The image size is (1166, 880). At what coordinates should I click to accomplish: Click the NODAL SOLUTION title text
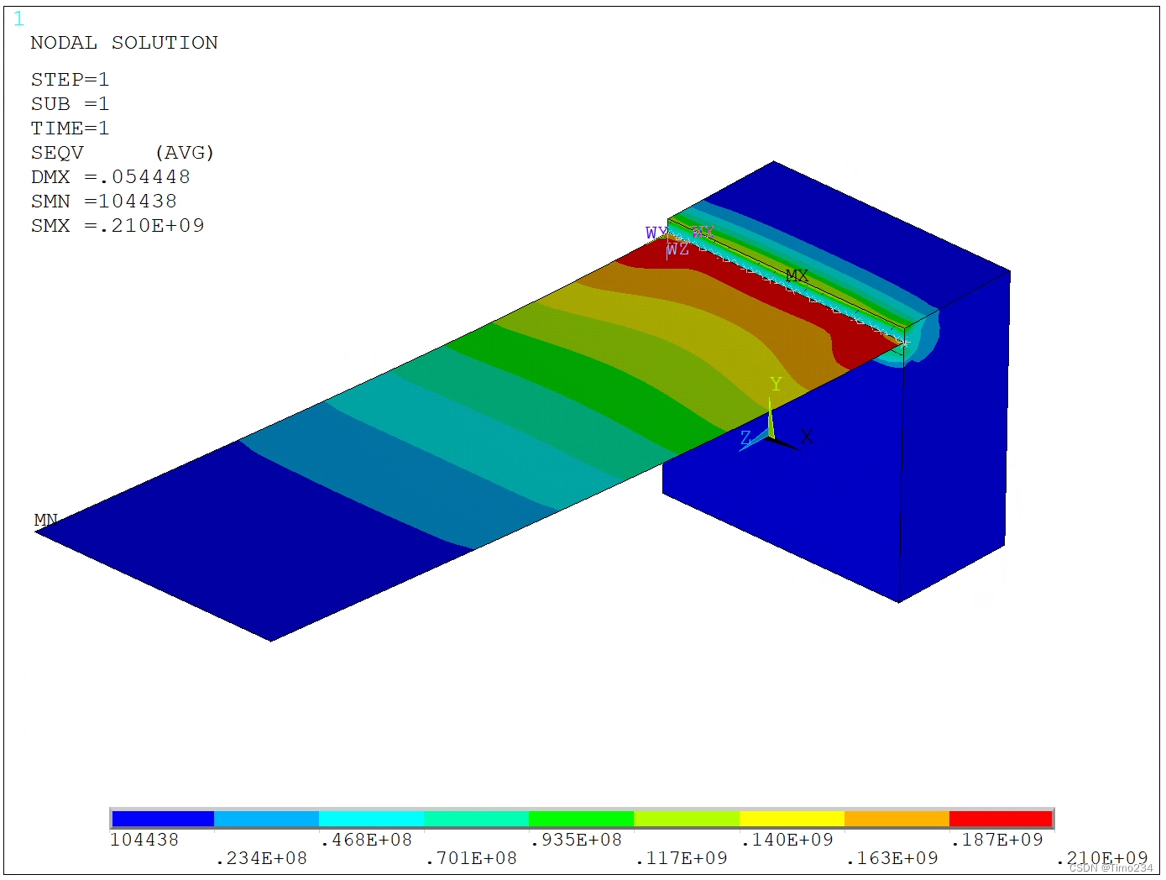[124, 43]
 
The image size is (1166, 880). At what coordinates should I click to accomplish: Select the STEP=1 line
[70, 80]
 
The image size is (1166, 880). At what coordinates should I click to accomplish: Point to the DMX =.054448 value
[111, 177]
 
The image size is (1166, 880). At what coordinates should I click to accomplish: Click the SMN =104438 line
[104, 202]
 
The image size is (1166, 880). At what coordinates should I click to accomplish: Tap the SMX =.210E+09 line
[118, 226]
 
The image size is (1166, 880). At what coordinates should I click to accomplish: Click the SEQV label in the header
[57, 153]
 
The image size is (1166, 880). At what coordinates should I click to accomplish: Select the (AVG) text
[185, 153]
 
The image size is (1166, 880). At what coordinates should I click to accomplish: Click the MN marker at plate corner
[45, 520]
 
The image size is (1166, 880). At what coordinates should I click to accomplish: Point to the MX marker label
[797, 275]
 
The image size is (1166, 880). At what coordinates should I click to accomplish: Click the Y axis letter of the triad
[776, 384]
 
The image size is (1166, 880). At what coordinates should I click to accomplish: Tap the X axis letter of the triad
[807, 437]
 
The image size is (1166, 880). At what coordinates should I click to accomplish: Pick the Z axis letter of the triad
[745, 437]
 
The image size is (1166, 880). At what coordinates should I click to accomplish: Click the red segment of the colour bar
[1001, 819]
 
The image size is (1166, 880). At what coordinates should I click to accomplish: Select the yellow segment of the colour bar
[791, 819]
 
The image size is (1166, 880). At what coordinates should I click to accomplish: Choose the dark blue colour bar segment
[163, 819]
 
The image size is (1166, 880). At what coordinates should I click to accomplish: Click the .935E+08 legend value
[576, 840]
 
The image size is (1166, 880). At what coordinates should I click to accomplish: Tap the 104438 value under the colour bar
[144, 840]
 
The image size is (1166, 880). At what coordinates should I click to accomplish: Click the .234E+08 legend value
[261, 858]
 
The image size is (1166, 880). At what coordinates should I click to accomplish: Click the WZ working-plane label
[677, 249]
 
